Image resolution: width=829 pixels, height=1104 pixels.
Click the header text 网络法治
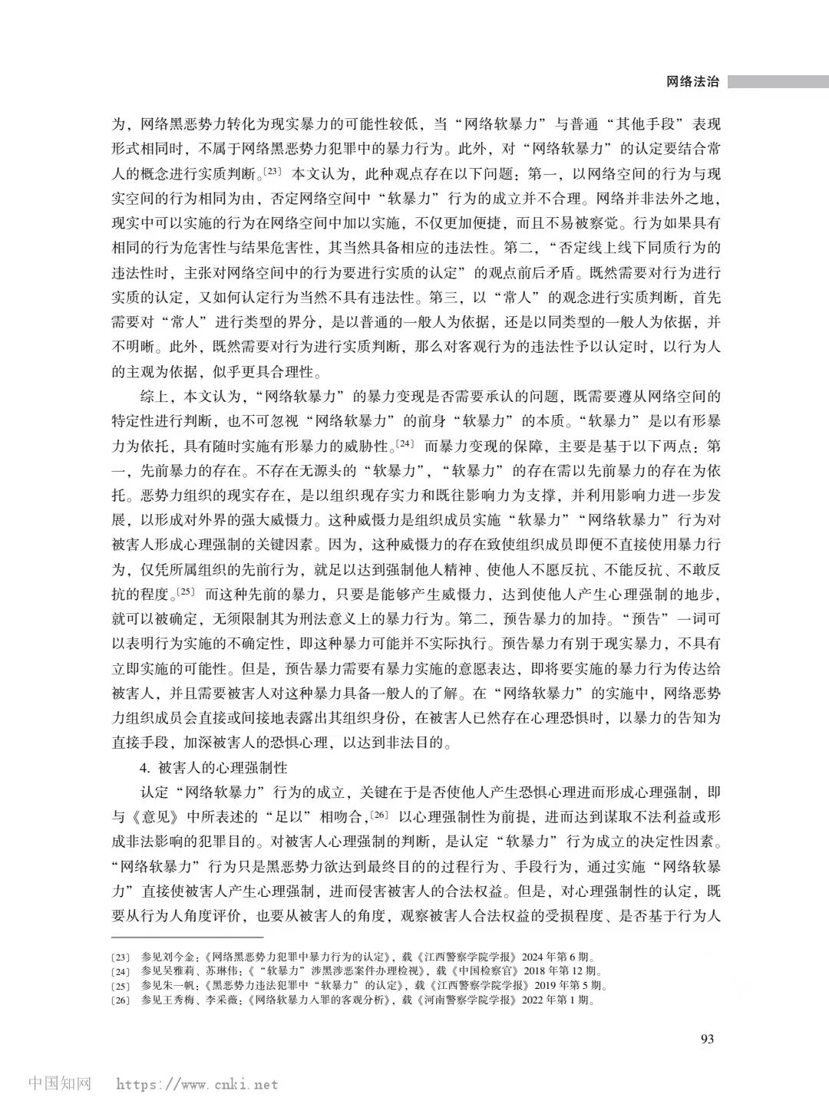tap(692, 82)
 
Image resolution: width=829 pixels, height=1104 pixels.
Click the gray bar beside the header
tap(778, 81)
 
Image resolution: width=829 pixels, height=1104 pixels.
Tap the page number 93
tap(708, 1039)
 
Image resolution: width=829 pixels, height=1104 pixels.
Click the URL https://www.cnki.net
tap(197, 1085)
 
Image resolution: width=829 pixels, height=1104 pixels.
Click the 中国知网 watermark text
tap(60, 1084)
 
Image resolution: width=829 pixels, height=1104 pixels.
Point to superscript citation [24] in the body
tap(405, 443)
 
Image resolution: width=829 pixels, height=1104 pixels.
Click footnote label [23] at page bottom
tap(122, 957)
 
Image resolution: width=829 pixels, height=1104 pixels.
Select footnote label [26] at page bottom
tap(122, 1000)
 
